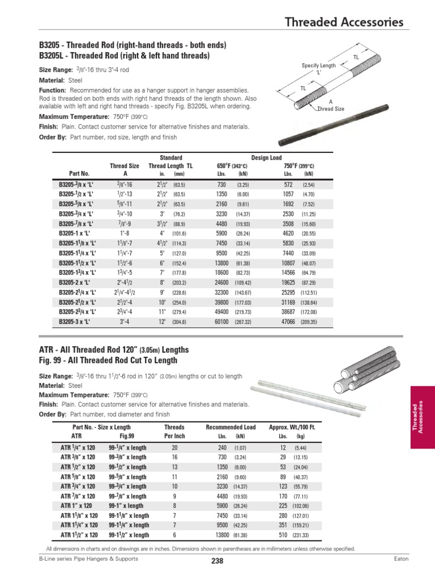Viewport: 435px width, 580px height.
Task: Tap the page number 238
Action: (217, 561)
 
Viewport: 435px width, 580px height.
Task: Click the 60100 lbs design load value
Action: (221, 321)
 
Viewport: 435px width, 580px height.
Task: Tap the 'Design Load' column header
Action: (266, 157)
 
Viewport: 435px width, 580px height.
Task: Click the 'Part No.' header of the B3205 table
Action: (79, 173)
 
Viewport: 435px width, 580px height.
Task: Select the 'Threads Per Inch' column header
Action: (174, 432)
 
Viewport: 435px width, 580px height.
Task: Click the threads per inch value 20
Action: (174, 447)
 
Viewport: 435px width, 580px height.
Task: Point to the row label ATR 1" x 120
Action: (75, 505)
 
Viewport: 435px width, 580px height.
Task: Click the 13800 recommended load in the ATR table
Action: (223, 535)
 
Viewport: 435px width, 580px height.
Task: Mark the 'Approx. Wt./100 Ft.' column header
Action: (292, 427)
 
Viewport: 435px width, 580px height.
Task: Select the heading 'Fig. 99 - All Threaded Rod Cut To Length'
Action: (108, 360)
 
